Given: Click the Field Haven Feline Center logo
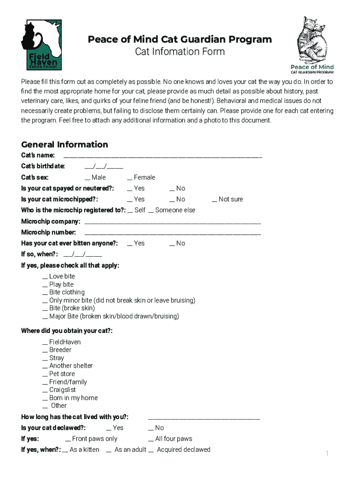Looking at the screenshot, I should pyautogui.click(x=41, y=45).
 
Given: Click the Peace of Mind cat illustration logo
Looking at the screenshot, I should pyautogui.click(x=312, y=45).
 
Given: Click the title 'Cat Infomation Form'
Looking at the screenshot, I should pyautogui.click(x=180, y=51).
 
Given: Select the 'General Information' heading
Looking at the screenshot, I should pyautogui.click(x=65, y=145).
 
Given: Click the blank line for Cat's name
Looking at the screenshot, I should pyautogui.click(x=162, y=156).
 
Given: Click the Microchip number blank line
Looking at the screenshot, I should pyautogui.click(x=173, y=233).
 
